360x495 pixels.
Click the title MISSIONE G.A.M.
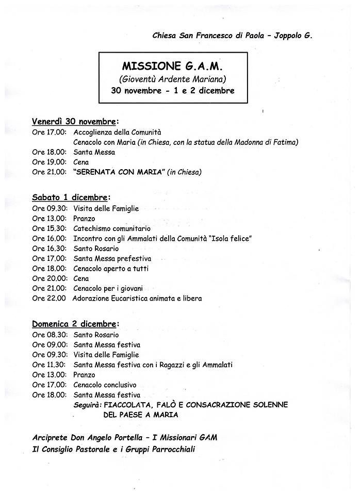click(165, 67)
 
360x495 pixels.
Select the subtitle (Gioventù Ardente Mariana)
click(165, 79)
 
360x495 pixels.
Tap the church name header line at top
click(232, 36)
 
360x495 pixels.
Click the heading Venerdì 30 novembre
click(74, 122)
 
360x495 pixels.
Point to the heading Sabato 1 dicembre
click(70, 197)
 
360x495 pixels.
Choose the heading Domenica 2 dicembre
click(74, 324)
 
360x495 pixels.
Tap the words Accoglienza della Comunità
click(117, 132)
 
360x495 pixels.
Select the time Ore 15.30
click(49, 228)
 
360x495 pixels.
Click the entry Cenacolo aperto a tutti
click(111, 269)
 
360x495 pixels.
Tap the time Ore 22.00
click(48, 299)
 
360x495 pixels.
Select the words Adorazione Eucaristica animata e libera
click(137, 299)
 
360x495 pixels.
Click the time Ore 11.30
click(49, 365)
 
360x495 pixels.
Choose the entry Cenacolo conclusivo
click(105, 385)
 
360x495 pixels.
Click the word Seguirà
click(87, 405)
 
